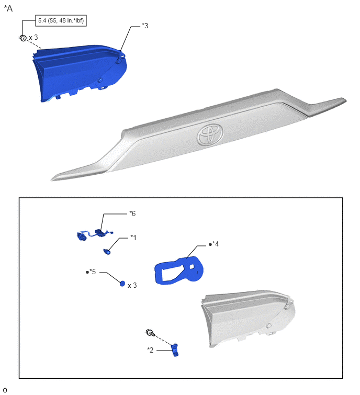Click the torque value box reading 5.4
pyautogui.click(x=61, y=20)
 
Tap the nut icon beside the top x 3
pyautogui.click(x=23, y=38)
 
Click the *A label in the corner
pyautogui.click(x=8, y=8)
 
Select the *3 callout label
pyautogui.click(x=145, y=26)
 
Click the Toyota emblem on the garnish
pyautogui.click(x=210, y=134)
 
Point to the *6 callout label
pyautogui.click(x=132, y=213)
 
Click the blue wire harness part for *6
pyautogui.click(x=95, y=235)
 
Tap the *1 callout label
pyautogui.click(x=133, y=238)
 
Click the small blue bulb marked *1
pyautogui.click(x=107, y=252)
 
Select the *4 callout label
pyautogui.click(x=214, y=244)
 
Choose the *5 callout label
pyautogui.click(x=91, y=272)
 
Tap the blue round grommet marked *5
pyautogui.click(x=122, y=284)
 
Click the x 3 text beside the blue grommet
pyautogui.click(x=132, y=286)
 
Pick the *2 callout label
pyautogui.click(x=150, y=350)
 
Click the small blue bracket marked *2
pyautogui.click(x=175, y=350)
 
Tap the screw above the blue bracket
pyautogui.click(x=150, y=333)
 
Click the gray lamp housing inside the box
pyautogui.click(x=248, y=318)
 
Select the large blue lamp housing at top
pyautogui.click(x=80, y=73)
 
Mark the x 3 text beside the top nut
pyautogui.click(x=33, y=38)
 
